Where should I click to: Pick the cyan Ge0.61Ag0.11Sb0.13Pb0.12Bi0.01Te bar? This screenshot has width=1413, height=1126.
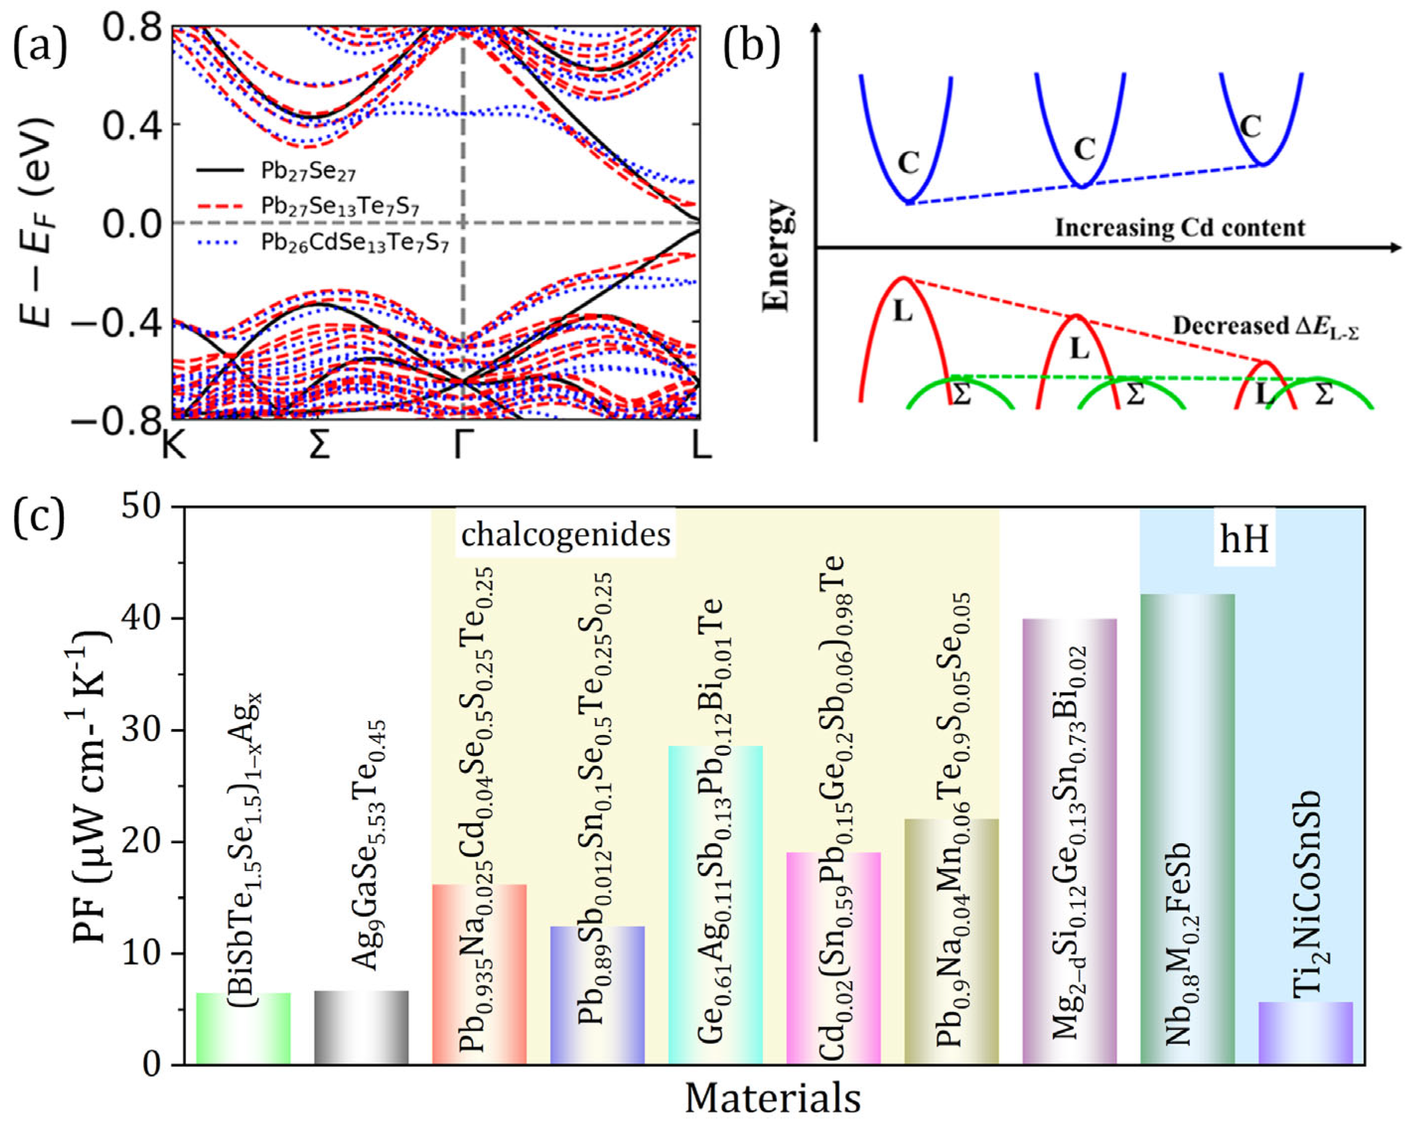[x=715, y=904]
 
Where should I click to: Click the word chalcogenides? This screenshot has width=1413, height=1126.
[x=565, y=535]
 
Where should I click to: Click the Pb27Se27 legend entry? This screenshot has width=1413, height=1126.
[x=308, y=172]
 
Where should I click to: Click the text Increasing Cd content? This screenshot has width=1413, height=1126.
[x=1179, y=228]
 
